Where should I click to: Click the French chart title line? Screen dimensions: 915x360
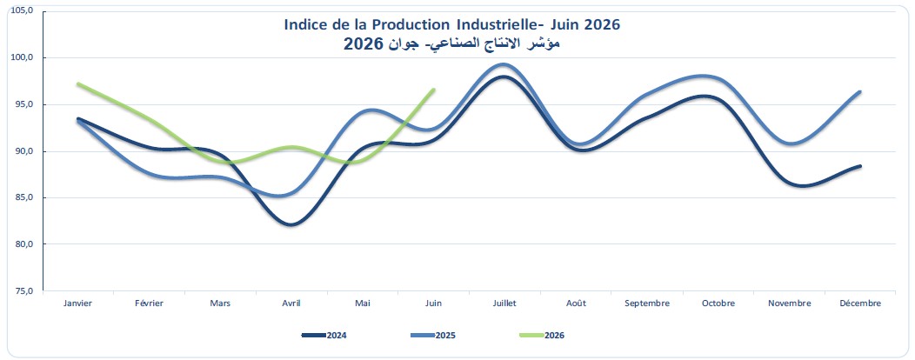(x=451, y=25)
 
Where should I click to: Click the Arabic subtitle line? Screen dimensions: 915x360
(x=451, y=43)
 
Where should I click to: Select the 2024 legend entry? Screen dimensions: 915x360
(x=324, y=336)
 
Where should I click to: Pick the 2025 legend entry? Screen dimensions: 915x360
(x=433, y=336)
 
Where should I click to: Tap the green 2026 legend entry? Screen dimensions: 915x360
(x=542, y=336)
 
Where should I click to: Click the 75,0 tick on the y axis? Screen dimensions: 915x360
(x=25, y=290)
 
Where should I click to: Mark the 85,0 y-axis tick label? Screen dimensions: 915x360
(x=25, y=197)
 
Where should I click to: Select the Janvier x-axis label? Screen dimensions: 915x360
(x=77, y=303)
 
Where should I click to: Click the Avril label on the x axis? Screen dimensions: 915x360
(x=291, y=303)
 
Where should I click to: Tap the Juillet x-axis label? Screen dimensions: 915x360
(x=504, y=303)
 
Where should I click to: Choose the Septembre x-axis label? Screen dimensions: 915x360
(x=647, y=303)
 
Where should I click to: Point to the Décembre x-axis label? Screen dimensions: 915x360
(x=860, y=303)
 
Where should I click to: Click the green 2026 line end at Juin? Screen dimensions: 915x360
(x=433, y=90)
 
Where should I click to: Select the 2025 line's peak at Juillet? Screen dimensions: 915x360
(x=504, y=64)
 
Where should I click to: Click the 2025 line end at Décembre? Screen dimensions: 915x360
(x=860, y=91)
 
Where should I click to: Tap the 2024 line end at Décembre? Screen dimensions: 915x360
(x=860, y=166)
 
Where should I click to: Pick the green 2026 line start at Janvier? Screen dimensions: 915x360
(x=78, y=84)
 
